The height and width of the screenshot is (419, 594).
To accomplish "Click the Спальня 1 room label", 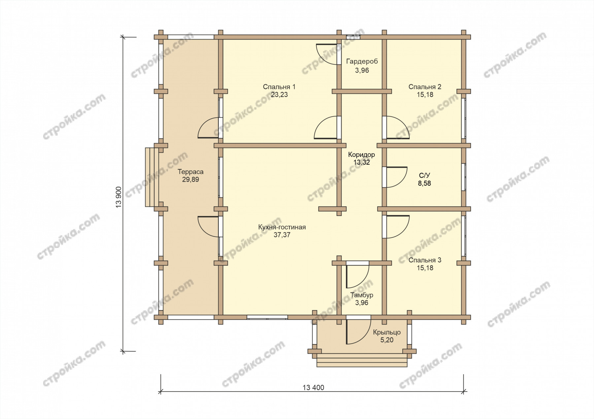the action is pyautogui.click(x=279, y=87).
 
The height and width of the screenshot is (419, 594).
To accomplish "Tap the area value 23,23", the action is pyautogui.click(x=279, y=95).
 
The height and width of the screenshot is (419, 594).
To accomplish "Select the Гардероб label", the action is pyautogui.click(x=362, y=62).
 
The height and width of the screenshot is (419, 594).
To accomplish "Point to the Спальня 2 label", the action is pyautogui.click(x=425, y=87).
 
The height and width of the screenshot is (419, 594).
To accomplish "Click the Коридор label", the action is pyautogui.click(x=362, y=155).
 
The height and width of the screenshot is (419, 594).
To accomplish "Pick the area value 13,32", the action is pyautogui.click(x=362, y=162).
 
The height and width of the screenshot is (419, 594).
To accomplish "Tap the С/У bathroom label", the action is pyautogui.click(x=424, y=175).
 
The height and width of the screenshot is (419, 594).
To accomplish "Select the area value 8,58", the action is pyautogui.click(x=424, y=183).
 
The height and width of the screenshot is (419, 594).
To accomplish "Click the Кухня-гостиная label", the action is pyautogui.click(x=282, y=227).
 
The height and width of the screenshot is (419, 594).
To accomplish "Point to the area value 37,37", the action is pyautogui.click(x=282, y=235).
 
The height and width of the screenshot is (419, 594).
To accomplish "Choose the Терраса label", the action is pyautogui.click(x=190, y=172).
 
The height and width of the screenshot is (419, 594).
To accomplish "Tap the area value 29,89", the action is pyautogui.click(x=190, y=180).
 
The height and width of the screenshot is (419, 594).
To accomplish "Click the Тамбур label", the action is pyautogui.click(x=362, y=295).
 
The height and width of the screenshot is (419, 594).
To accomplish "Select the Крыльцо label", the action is pyautogui.click(x=387, y=332).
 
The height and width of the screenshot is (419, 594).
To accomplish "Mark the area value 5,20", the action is pyautogui.click(x=387, y=340).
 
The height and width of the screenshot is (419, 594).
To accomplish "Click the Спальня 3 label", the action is pyautogui.click(x=425, y=260).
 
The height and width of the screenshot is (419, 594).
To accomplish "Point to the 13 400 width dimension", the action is pyautogui.click(x=313, y=388).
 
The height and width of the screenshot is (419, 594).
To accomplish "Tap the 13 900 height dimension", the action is pyautogui.click(x=119, y=197).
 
